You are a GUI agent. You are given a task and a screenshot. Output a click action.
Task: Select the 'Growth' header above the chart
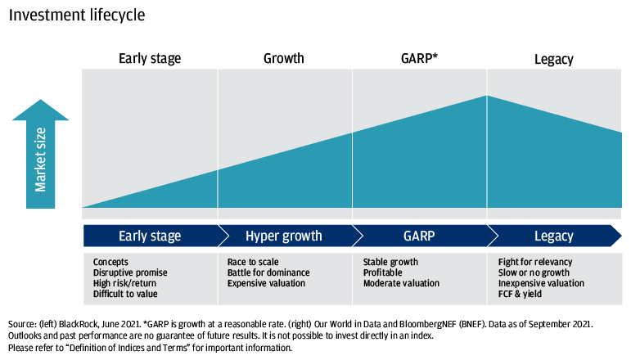click(x=284, y=59)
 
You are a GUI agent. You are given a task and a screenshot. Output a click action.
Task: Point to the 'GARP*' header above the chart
click(x=419, y=59)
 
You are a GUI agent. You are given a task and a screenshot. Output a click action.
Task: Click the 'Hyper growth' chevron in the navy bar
click(x=284, y=236)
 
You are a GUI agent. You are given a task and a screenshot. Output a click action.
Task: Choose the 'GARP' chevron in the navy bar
click(x=419, y=236)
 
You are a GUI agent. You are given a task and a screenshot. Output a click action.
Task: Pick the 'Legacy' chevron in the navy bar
click(x=554, y=236)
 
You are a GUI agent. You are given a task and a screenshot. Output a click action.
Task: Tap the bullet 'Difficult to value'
click(x=125, y=294)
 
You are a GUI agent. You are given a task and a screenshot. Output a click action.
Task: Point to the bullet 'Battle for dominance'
click(x=268, y=272)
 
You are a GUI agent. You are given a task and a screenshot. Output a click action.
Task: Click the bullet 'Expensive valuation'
click(x=266, y=283)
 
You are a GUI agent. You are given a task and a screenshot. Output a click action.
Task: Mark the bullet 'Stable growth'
click(x=390, y=262)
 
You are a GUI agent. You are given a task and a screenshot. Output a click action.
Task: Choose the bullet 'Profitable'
click(x=383, y=272)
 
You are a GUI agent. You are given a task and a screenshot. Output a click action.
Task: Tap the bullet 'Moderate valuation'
click(x=401, y=283)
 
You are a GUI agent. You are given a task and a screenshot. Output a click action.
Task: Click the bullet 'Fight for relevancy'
click(x=535, y=262)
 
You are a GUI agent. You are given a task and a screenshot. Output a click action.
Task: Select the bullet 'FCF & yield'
click(x=520, y=294)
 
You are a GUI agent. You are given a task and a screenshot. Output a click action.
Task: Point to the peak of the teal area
click(x=487, y=97)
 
